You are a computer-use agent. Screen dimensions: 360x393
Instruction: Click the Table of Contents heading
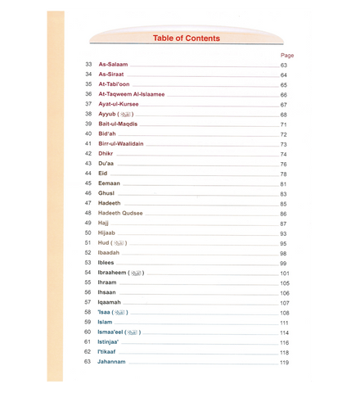pyautogui.click(x=185, y=38)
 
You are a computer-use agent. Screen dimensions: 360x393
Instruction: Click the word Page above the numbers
pyautogui.click(x=286, y=55)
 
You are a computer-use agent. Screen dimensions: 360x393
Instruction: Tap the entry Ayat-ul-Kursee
pyautogui.click(x=120, y=104)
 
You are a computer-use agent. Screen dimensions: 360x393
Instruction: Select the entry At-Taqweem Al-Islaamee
pyautogui.click(x=135, y=94)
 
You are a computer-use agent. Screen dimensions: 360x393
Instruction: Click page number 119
pyautogui.click(x=286, y=361)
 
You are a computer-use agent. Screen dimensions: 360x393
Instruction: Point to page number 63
pyautogui.click(x=284, y=65)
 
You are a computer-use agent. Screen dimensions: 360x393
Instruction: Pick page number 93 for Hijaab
pyautogui.click(x=284, y=233)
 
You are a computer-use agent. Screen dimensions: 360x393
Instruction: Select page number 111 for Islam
pyautogui.click(x=286, y=322)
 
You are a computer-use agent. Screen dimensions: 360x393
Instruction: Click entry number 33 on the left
pyautogui.click(x=88, y=65)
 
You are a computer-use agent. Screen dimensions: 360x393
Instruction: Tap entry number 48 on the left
pyautogui.click(x=88, y=213)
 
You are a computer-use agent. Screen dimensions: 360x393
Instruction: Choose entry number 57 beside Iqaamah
pyautogui.click(x=88, y=302)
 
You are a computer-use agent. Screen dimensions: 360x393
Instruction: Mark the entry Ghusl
pyautogui.click(x=108, y=193)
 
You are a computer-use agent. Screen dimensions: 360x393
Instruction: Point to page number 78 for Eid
pyautogui.click(x=284, y=174)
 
